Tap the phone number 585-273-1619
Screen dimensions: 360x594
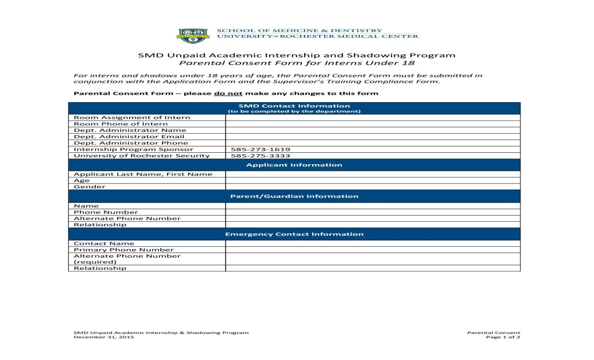pos(258,149)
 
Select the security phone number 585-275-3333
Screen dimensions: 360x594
pos(258,156)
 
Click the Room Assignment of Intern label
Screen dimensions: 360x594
pos(132,117)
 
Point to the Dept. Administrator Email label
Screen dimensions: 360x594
pos(129,137)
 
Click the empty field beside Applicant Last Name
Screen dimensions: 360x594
pos(372,174)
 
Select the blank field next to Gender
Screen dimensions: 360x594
pos(372,187)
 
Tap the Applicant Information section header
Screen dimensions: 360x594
pos(294,165)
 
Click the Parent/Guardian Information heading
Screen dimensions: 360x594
pos(294,197)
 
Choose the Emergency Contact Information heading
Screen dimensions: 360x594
pos(294,234)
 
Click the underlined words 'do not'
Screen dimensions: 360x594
pos(228,93)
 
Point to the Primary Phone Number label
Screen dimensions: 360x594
pos(124,250)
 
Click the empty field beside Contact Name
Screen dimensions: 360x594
pos(372,243)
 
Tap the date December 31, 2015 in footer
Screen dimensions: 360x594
pos(104,337)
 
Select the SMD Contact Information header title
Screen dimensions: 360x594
pos(294,106)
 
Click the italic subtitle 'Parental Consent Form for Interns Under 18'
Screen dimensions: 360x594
pos(297,63)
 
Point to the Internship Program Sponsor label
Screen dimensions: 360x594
pos(133,149)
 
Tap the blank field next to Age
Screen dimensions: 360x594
pos(372,180)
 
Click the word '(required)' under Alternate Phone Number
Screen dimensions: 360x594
pos(95,262)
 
